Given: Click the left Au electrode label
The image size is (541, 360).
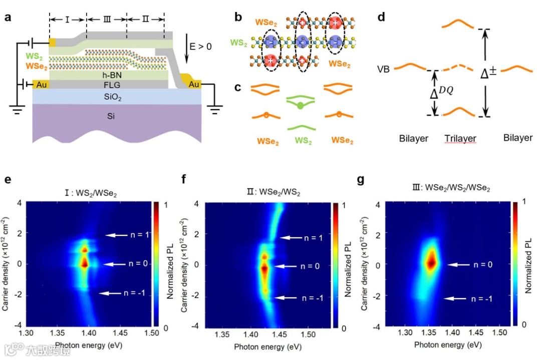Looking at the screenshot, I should pos(42,85).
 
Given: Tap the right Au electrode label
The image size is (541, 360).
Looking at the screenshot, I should pos(193,85).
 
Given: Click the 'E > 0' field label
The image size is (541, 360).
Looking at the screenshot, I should pos(200,47).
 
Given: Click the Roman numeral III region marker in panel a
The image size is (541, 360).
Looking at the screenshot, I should pos(106,19).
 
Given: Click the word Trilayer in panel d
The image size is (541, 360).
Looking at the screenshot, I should pos(460,138).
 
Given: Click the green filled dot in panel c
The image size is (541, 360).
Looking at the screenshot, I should pos(300,106).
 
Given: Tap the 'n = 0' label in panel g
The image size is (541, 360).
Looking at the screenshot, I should pos(483,264).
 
